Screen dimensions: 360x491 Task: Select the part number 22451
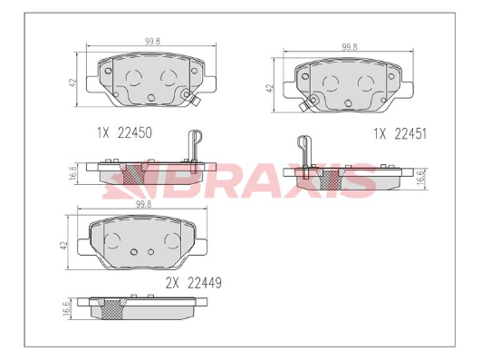409,132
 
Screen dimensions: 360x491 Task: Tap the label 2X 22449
194,282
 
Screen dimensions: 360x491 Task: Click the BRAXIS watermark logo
240,179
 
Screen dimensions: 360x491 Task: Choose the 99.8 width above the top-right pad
350,46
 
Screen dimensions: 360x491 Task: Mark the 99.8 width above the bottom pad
141,205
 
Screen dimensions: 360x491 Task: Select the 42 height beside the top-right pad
269,89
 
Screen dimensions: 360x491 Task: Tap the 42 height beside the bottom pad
64,245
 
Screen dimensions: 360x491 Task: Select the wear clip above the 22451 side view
303,151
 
